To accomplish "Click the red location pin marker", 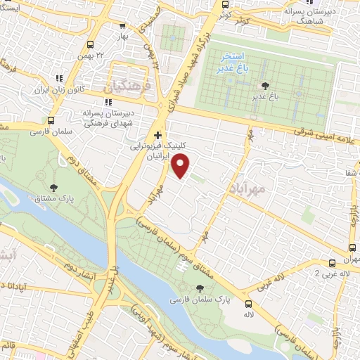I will click(x=181, y=166).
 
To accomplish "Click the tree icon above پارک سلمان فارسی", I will click(x=202, y=288).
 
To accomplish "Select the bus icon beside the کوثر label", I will click(x=224, y=13).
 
